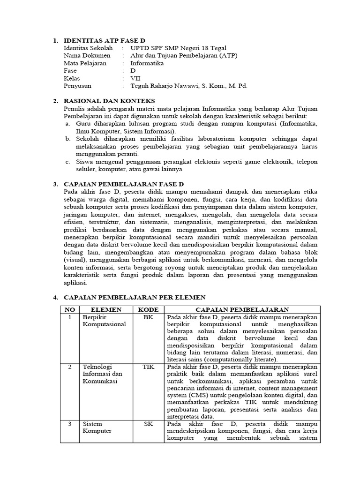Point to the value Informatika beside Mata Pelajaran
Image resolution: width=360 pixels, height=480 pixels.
(147, 63)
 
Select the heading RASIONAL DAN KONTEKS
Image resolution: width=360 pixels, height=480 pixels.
(109, 101)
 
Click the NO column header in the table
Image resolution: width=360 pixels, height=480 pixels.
(69, 310)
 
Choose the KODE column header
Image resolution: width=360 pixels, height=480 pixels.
(148, 310)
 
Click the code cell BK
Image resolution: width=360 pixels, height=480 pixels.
(148, 317)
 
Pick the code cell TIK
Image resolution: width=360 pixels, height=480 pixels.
(148, 367)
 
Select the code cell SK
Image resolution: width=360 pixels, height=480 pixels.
(148, 424)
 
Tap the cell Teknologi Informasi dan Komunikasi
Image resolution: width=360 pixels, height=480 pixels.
(102, 374)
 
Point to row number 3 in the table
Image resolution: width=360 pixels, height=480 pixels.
(69, 424)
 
